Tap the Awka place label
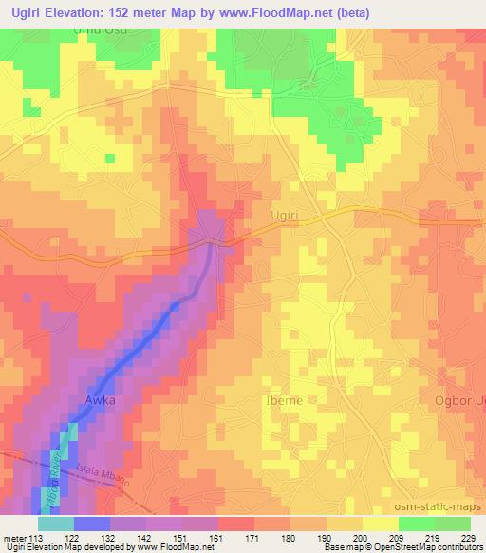tap(100, 400)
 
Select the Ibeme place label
tap(282, 400)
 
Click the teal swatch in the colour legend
tap(55, 523)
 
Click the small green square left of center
tap(110, 158)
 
